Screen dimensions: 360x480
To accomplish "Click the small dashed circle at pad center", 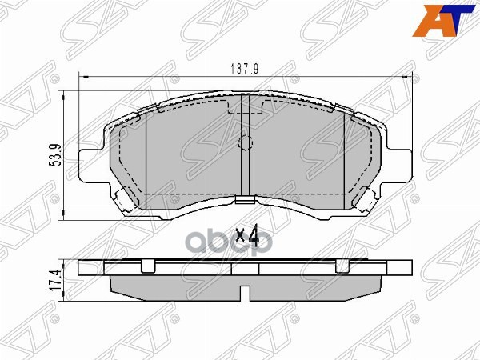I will click(x=246, y=145).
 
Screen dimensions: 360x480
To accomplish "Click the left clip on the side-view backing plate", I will click(x=146, y=265).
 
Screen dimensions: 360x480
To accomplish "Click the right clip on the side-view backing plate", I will click(x=344, y=265).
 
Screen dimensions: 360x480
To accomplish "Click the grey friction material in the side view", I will click(x=246, y=286).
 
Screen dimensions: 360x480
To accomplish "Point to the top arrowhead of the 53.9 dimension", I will click(x=66, y=95).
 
